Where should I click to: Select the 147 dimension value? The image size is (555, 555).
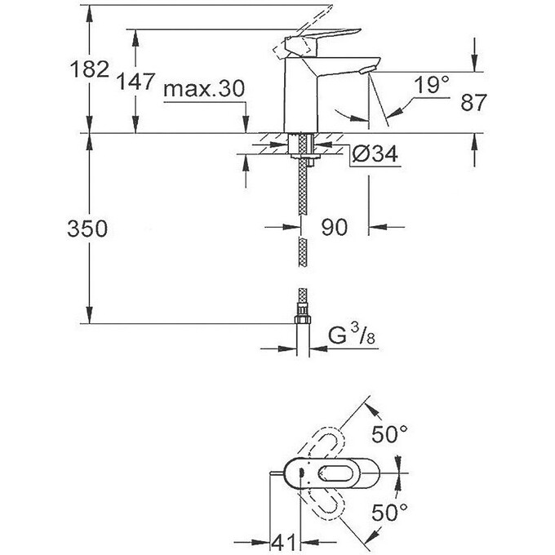135,82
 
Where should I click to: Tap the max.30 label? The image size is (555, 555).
203,89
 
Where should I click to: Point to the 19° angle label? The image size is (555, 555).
431,85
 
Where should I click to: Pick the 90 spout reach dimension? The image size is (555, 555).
335,227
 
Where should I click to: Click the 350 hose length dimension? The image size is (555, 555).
88,229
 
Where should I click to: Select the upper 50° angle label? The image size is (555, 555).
389,435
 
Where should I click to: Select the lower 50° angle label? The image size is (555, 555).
389,513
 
